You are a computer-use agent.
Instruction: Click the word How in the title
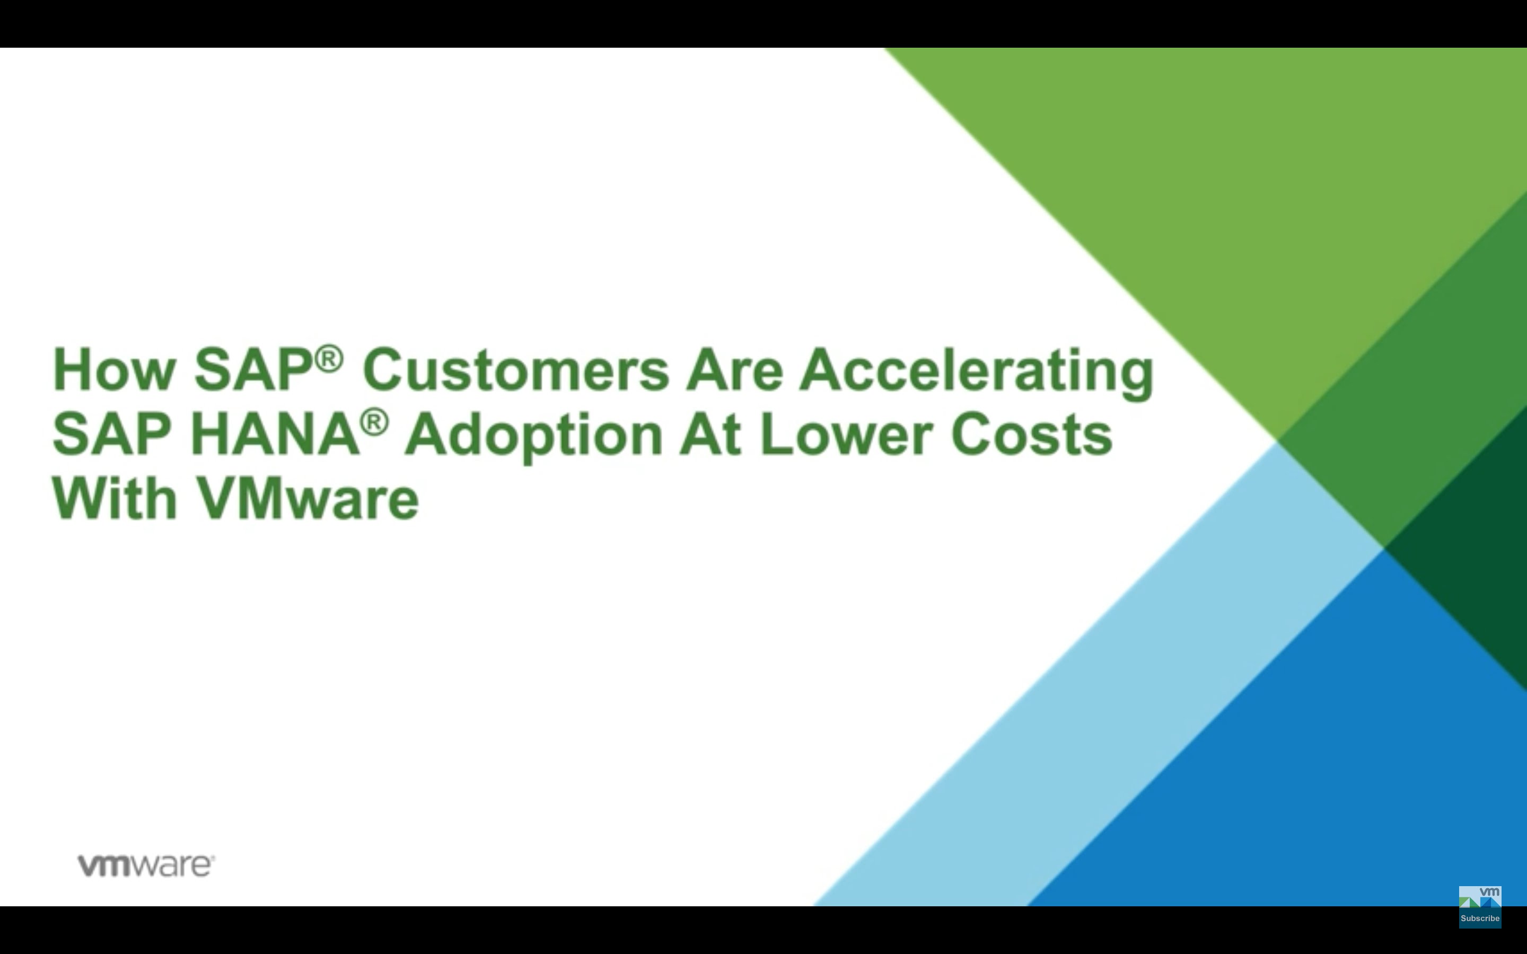[x=114, y=370]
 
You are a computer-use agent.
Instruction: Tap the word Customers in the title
[x=515, y=370]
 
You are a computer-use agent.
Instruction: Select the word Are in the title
[x=734, y=370]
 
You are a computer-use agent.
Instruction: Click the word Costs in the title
[x=1032, y=434]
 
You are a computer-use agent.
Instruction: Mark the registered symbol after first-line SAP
[x=329, y=358]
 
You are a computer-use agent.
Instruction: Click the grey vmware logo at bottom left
[x=146, y=865]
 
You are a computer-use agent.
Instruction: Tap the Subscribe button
[x=1480, y=918]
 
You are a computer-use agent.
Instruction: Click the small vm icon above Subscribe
[x=1480, y=897]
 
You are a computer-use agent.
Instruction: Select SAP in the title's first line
[x=253, y=370]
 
